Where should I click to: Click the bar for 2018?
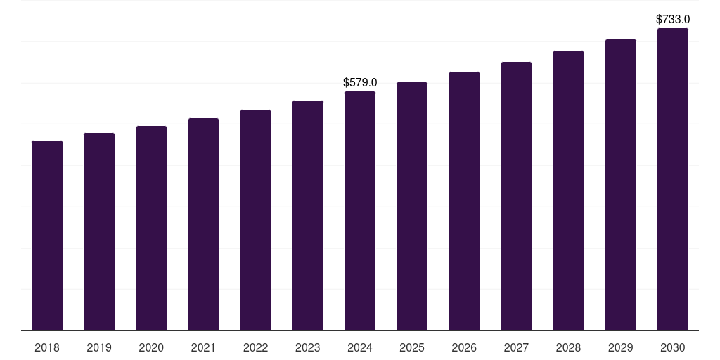coord(47,236)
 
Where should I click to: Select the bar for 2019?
coord(99,232)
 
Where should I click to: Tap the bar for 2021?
coord(203,224)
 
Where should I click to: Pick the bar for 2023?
coord(308,216)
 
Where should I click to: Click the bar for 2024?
coord(360,211)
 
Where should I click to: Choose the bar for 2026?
coord(464,201)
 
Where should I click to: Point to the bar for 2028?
coord(568,191)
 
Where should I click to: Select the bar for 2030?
coord(673,179)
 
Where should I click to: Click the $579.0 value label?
coord(360,83)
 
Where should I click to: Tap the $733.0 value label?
coord(673,20)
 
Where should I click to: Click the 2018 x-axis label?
coord(47,347)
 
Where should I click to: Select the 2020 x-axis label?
coord(151,347)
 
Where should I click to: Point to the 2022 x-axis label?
coord(256,347)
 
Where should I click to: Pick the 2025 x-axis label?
coord(412,347)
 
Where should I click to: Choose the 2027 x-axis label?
coord(516,347)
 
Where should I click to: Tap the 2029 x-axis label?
coord(621,347)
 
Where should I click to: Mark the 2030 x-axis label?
coord(673,347)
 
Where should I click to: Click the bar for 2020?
coord(151,229)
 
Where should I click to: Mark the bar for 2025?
coord(412,207)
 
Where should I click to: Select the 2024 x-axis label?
coord(360,347)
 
